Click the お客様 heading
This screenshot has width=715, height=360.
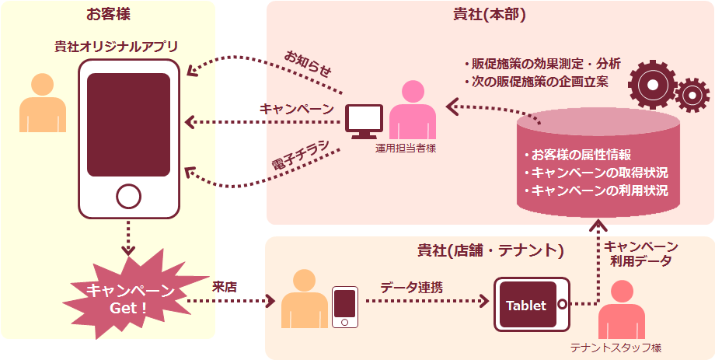pyautogui.click(x=108, y=15)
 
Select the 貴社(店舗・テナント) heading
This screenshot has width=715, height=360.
pyautogui.click(x=490, y=250)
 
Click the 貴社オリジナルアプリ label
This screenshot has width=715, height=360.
pyautogui.click(x=116, y=46)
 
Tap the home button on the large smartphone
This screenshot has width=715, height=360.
pyautogui.click(x=128, y=197)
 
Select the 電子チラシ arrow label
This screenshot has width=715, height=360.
pyautogui.click(x=300, y=153)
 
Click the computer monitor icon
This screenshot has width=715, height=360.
pyautogui.click(x=364, y=121)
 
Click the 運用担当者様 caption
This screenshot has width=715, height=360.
pyautogui.click(x=405, y=148)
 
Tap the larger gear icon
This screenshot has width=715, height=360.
pyautogui.click(x=651, y=82)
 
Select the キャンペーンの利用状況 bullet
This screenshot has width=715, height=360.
pyautogui.click(x=595, y=190)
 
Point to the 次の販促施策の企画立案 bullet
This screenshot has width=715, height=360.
pyautogui.click(x=536, y=81)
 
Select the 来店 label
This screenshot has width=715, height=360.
pyautogui.click(x=225, y=286)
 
